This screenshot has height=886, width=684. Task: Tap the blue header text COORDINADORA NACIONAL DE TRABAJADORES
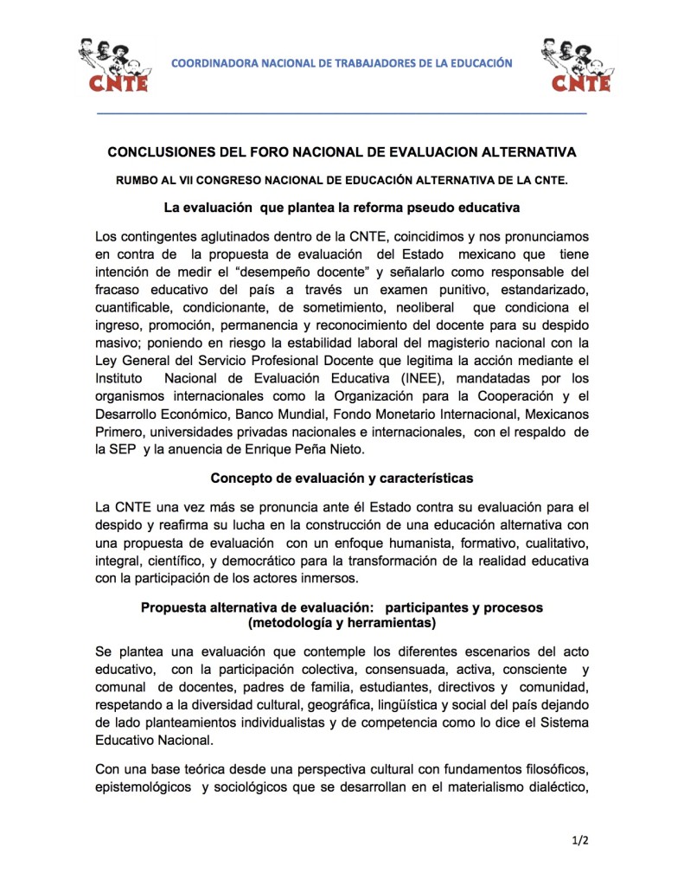point(341,63)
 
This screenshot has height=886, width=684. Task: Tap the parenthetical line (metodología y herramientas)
point(341,622)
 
